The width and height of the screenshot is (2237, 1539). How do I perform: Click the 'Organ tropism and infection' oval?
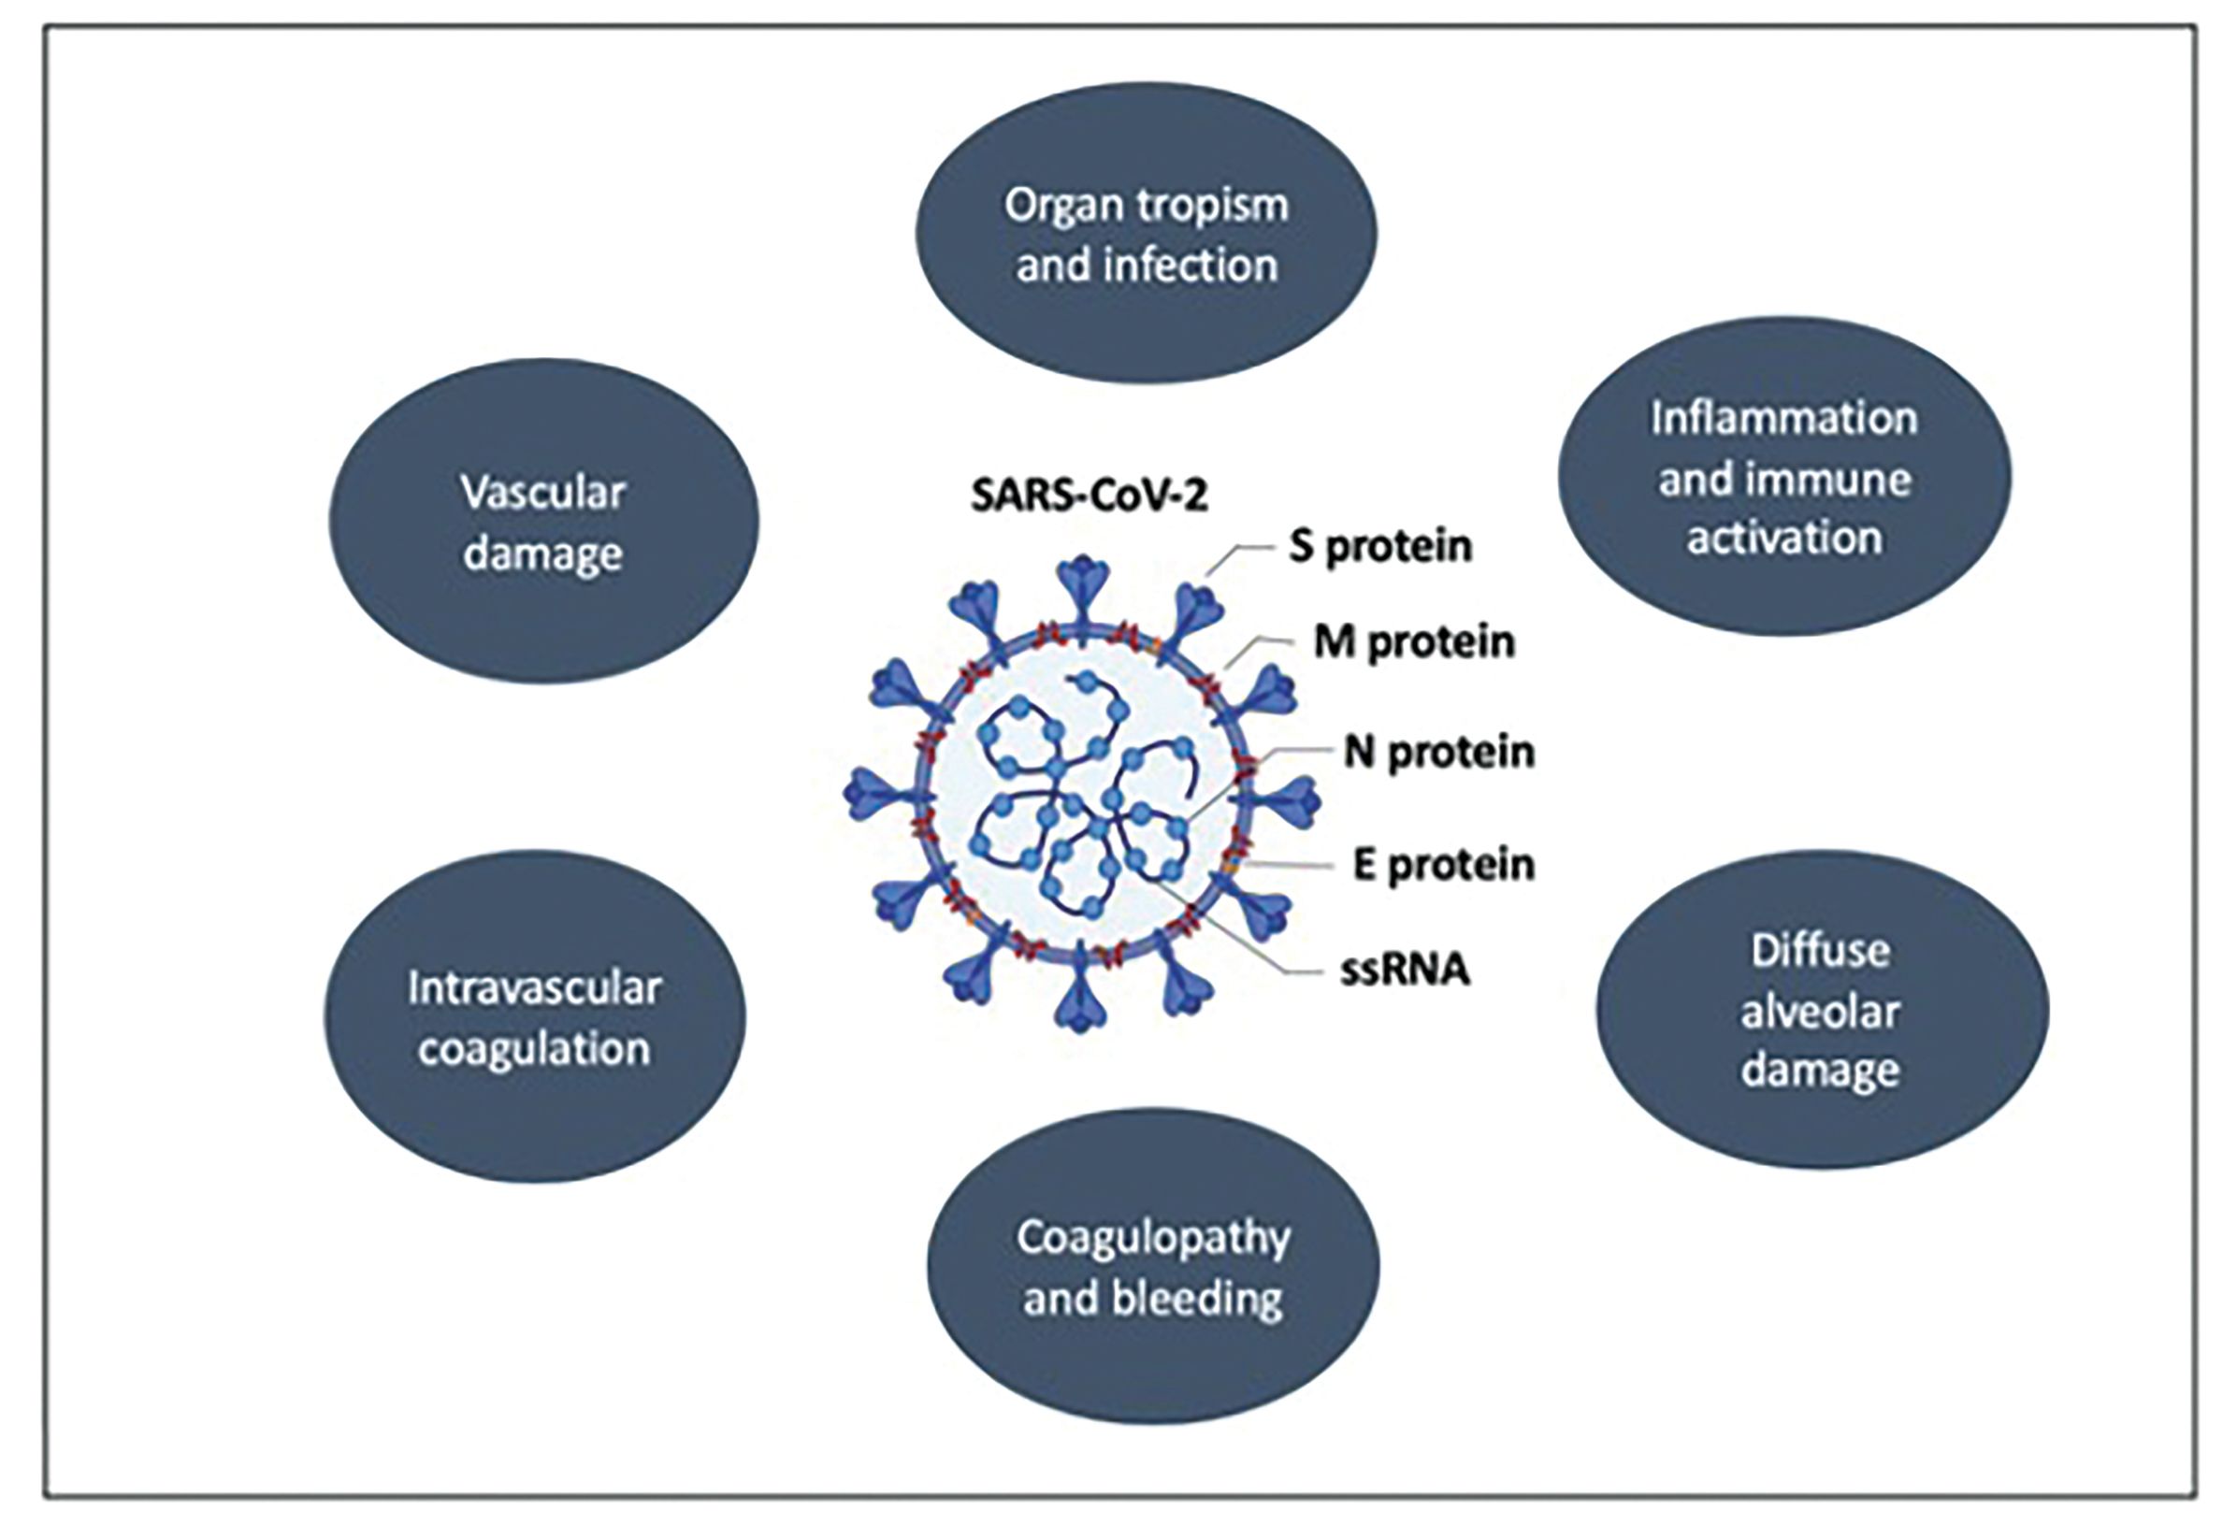(x=1146, y=234)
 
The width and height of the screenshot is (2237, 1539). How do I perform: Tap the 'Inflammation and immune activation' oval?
(x=1783, y=476)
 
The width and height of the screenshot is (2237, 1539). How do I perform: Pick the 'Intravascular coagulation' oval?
(x=534, y=1017)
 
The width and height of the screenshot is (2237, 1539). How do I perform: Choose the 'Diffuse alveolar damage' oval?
(x=1821, y=1010)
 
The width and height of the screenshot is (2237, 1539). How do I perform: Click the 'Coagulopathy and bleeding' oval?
(x=1153, y=1267)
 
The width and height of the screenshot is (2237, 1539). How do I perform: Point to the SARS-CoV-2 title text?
(x=1089, y=496)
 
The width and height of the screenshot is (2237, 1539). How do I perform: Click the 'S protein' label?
(x=1379, y=546)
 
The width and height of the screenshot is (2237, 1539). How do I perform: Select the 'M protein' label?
(x=1413, y=641)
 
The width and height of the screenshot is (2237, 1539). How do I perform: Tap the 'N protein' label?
(x=1438, y=752)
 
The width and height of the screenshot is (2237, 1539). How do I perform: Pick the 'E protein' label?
(x=1442, y=864)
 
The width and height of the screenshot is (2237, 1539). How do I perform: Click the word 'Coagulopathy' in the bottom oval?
(x=1153, y=1238)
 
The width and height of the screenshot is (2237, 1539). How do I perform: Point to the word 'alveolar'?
(x=1821, y=1012)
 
